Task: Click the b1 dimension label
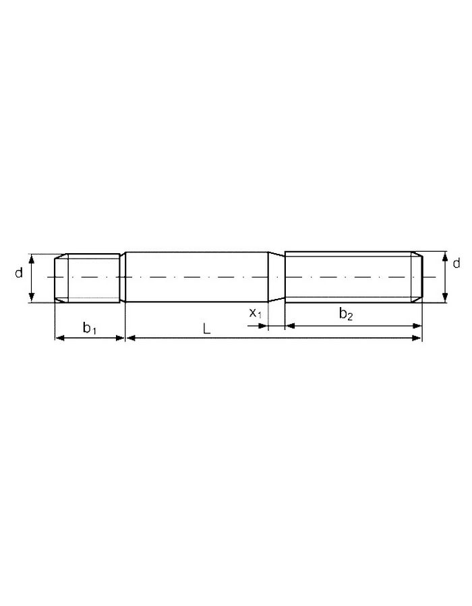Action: (x=90, y=328)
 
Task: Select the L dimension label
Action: (x=206, y=329)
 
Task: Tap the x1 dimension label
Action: (x=256, y=312)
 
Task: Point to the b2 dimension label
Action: (x=346, y=313)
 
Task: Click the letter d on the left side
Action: (x=19, y=273)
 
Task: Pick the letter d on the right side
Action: (x=456, y=263)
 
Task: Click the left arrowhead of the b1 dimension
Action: (x=59, y=338)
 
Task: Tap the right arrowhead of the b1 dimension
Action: (x=120, y=338)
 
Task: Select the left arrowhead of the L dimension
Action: (x=131, y=338)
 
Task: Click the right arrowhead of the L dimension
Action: (x=417, y=338)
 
